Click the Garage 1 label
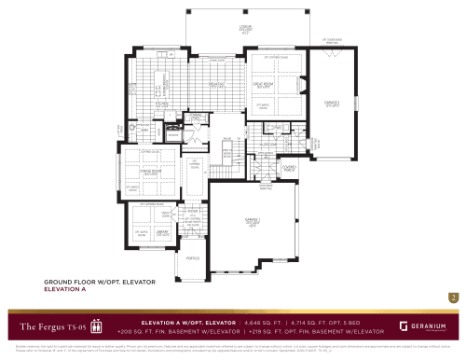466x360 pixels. tap(240, 220)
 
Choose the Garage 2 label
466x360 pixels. tap(330, 104)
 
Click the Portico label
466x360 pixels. tap(194, 260)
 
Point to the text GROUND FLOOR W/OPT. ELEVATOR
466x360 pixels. tap(100, 281)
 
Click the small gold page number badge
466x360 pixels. tap(452, 298)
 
